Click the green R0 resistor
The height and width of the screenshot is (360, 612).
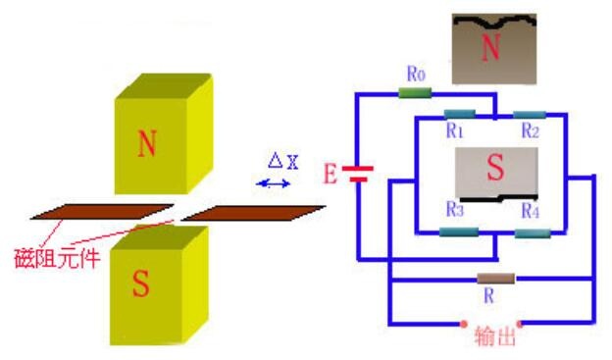pyautogui.click(x=415, y=93)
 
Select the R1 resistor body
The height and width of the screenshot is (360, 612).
pyautogui.click(x=460, y=114)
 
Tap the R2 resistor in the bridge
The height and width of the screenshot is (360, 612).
pyautogui.click(x=530, y=115)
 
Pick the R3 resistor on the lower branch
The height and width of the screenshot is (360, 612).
pyautogui.click(x=459, y=231)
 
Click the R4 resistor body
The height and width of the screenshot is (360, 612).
pyautogui.click(x=533, y=233)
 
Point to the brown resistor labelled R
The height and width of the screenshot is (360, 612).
pyautogui.click(x=496, y=279)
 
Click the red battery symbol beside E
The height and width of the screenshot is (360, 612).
pyautogui.click(x=358, y=175)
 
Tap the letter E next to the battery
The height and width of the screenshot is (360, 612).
pyautogui.click(x=330, y=175)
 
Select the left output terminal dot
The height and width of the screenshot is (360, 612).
pyautogui.click(x=464, y=324)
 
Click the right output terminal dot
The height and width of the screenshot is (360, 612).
pyautogui.click(x=520, y=324)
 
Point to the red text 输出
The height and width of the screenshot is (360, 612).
pyautogui.click(x=495, y=336)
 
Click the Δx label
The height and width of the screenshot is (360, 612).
pyautogui.click(x=283, y=161)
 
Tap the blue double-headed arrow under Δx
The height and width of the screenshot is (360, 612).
pyautogui.click(x=274, y=183)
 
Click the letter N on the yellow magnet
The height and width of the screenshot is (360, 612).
pyautogui.click(x=147, y=143)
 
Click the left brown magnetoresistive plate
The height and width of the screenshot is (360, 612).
pyautogui.click(x=102, y=212)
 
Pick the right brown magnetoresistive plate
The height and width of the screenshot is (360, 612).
pyautogui.click(x=254, y=213)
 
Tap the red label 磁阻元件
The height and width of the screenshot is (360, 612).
pyautogui.click(x=57, y=259)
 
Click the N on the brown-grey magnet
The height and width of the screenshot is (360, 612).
pyautogui.click(x=491, y=47)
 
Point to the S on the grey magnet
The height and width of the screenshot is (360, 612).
pyautogui.click(x=495, y=167)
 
